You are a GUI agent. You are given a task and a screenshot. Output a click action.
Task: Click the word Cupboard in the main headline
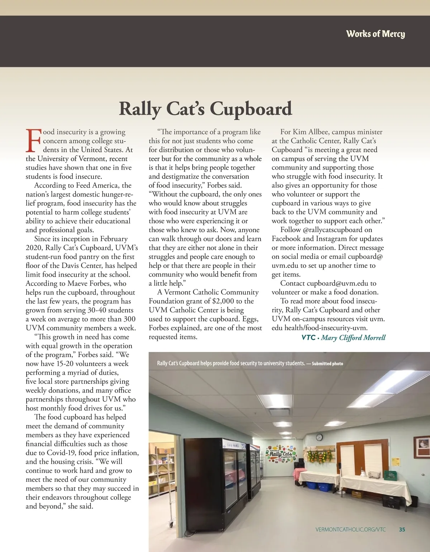coord(250,109)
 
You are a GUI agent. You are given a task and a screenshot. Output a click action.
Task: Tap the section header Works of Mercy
coord(375,34)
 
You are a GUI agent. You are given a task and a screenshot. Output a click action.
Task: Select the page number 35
coord(402,529)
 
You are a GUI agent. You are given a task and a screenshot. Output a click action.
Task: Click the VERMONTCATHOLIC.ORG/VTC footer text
coord(350,529)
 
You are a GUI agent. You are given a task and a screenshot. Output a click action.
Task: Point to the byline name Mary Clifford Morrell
coord(353,337)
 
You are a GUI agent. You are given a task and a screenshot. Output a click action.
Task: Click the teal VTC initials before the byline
coord(308,337)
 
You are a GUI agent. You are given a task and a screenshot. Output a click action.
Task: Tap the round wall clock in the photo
coord(319,438)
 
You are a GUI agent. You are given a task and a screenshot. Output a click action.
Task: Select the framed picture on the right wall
coord(421,447)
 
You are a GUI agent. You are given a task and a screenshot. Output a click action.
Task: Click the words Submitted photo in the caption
coord(327,363)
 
